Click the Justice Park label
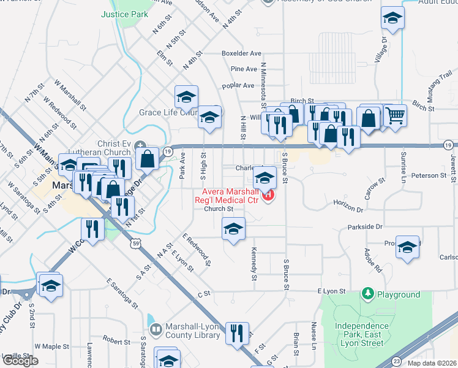pyautogui.click(x=125, y=13)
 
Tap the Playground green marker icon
pyautogui.click(x=367, y=294)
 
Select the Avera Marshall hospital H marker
pyautogui.click(x=268, y=196)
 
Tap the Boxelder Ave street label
pyautogui.click(x=242, y=53)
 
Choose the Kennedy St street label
pyautogui.click(x=254, y=265)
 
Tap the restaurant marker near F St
pyautogui.click(x=237, y=332)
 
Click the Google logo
pyautogui.click(x=20, y=361)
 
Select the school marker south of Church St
pyautogui.click(x=233, y=229)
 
